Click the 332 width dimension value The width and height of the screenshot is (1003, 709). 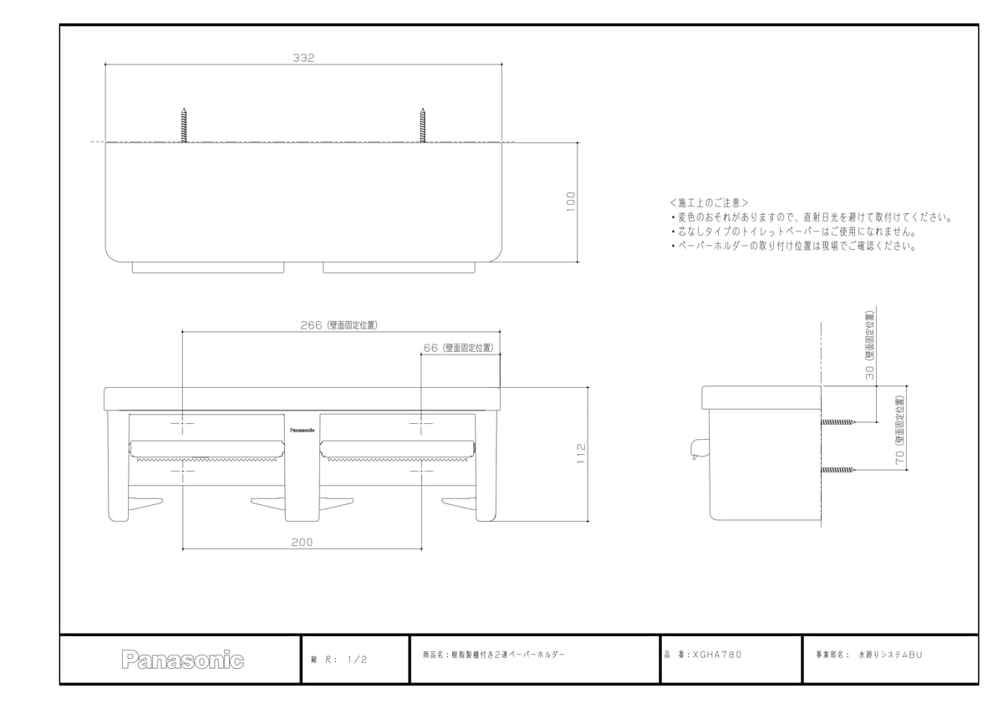[x=303, y=58]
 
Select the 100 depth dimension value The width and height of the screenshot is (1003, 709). [x=570, y=201]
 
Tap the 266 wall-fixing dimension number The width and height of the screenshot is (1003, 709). [x=311, y=325]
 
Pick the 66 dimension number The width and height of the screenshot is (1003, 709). [x=430, y=348]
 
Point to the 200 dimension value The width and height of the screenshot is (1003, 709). [x=303, y=543]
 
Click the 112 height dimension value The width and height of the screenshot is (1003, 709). [x=581, y=453]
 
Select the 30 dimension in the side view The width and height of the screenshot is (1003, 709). [x=869, y=373]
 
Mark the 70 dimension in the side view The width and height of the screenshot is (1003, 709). [x=900, y=457]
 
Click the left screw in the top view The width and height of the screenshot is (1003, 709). [x=184, y=125]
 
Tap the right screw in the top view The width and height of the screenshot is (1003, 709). [x=423, y=125]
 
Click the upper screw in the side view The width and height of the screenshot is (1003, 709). [x=838, y=422]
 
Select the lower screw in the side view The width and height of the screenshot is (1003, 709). [x=838, y=470]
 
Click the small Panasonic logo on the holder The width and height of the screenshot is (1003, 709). [x=302, y=430]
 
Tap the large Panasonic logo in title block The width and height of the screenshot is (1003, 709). [x=183, y=660]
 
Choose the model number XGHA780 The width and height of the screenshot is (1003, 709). [x=717, y=655]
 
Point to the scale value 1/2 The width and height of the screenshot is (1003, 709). [x=358, y=660]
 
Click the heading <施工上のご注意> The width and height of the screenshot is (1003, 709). [x=709, y=203]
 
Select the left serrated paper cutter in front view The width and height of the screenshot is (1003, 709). [x=207, y=459]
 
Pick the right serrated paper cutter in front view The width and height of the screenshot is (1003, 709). [x=398, y=459]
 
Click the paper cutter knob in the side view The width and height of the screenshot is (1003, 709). [x=698, y=449]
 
